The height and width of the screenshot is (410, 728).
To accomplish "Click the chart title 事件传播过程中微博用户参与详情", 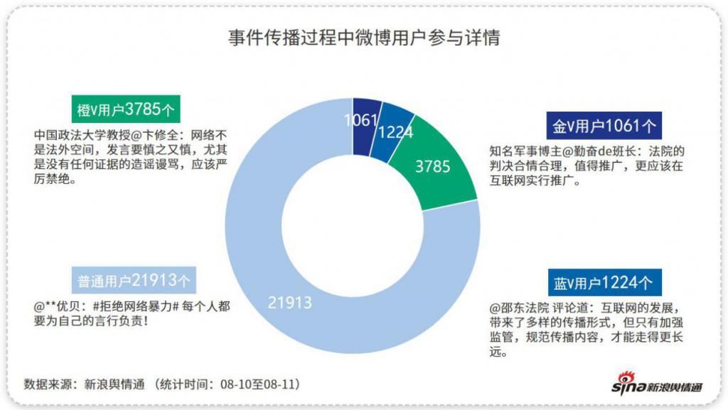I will [364, 37].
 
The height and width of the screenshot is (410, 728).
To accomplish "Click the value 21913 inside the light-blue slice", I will [290, 302].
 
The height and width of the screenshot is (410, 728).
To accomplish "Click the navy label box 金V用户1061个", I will [604, 126].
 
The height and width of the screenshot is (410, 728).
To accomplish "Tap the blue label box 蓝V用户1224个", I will [604, 282].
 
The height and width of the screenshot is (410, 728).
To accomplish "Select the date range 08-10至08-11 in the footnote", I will [257, 384].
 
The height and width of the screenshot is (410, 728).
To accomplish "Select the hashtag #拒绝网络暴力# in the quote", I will [132, 306].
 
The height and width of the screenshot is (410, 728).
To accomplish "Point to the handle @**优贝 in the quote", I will [60, 306].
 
